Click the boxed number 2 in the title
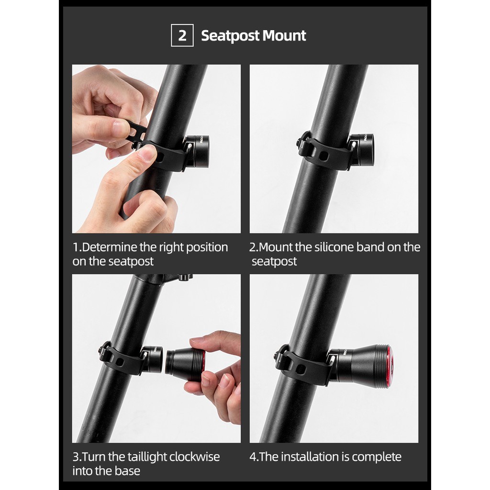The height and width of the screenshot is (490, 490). tap(182, 35)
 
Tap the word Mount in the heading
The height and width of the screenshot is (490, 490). tap(284, 35)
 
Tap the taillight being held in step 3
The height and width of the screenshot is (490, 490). tap(185, 365)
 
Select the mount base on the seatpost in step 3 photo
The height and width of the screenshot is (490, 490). tap(152, 359)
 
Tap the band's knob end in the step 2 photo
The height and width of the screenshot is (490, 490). tap(301, 142)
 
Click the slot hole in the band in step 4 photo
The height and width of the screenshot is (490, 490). tap(300, 369)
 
